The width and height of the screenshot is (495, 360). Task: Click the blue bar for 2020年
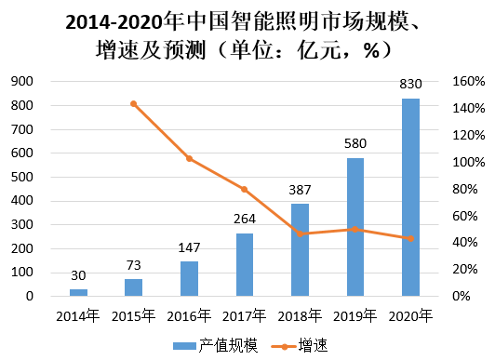tap(410, 197)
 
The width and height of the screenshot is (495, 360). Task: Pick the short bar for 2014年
tap(78, 292)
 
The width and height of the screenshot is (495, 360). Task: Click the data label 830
tap(410, 84)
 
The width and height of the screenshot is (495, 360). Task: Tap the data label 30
tap(78, 275)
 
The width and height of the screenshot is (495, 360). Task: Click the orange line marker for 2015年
tap(133, 103)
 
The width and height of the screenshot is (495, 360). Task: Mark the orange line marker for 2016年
tap(189, 159)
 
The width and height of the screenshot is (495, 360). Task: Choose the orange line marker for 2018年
tap(300, 233)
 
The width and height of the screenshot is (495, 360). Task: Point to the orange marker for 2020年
tap(410, 238)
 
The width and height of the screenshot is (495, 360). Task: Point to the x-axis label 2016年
tap(189, 316)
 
